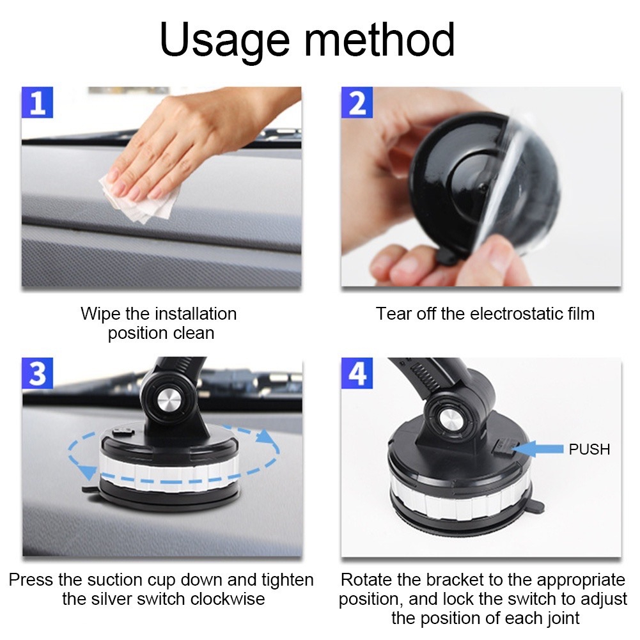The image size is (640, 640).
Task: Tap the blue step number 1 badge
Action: (37, 102)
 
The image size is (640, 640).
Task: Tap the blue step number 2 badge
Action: (357, 102)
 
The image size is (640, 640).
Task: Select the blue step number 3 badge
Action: (37, 373)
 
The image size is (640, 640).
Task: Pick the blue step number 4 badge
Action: (357, 373)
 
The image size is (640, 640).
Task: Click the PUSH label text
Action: (589, 449)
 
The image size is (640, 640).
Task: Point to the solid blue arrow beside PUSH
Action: (538, 449)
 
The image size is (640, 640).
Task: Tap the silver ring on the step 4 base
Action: (460, 501)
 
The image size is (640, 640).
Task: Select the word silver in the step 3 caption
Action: (111, 599)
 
